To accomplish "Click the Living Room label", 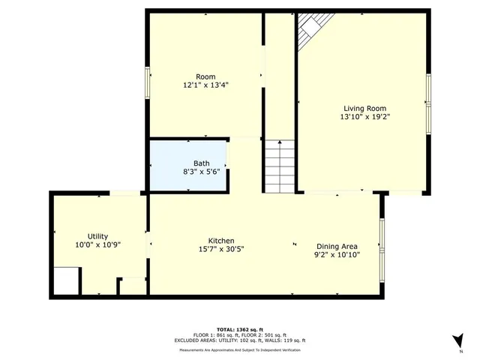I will [365, 108].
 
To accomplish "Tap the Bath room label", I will [202, 163].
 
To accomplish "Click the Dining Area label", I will [337, 246].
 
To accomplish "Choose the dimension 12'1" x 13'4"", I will [205, 85].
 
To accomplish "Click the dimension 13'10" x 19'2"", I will [365, 116].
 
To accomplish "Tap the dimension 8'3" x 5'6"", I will [202, 172].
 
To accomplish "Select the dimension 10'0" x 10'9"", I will [98, 244].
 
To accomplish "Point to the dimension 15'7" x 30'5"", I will [221, 249].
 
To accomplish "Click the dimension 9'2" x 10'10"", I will [337, 255].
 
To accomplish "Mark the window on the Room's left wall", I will [147, 82].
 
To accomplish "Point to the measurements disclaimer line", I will [239, 350].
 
